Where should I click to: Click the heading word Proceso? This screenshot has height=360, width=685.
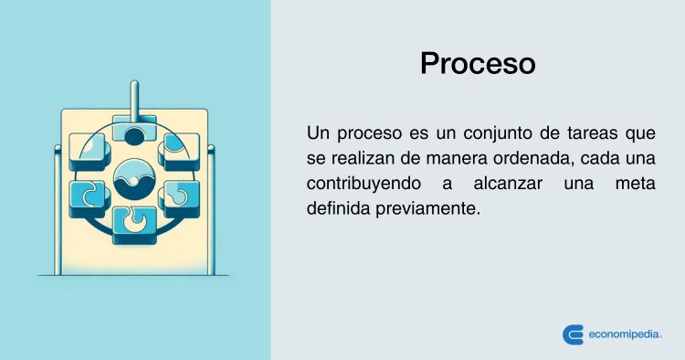pyautogui.click(x=478, y=64)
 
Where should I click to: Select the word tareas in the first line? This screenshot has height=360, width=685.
pyautogui.click(x=593, y=133)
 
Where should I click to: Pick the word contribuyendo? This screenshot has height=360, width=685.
pyautogui.click(x=364, y=184)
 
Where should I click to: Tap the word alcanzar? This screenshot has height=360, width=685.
pyautogui.click(x=508, y=184)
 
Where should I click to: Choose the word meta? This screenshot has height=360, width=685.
pyautogui.click(x=635, y=184)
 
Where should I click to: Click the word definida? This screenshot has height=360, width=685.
pyautogui.click(x=339, y=208)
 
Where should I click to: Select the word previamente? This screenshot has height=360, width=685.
pyautogui.click(x=427, y=209)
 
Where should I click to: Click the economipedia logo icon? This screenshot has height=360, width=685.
pyautogui.click(x=574, y=334)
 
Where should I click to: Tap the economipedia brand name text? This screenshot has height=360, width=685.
pyautogui.click(x=625, y=335)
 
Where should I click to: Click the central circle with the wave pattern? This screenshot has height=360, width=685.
pyautogui.click(x=134, y=179)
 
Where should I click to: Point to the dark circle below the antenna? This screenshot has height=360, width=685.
pyautogui.click(x=134, y=137)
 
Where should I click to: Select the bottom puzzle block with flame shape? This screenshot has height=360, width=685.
pyautogui.click(x=134, y=225)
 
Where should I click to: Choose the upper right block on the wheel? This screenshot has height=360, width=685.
pyautogui.click(x=179, y=152)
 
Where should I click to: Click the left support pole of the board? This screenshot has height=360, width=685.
pyautogui.click(x=58, y=210)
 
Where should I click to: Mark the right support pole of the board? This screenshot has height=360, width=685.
pyautogui.click(x=211, y=210)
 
